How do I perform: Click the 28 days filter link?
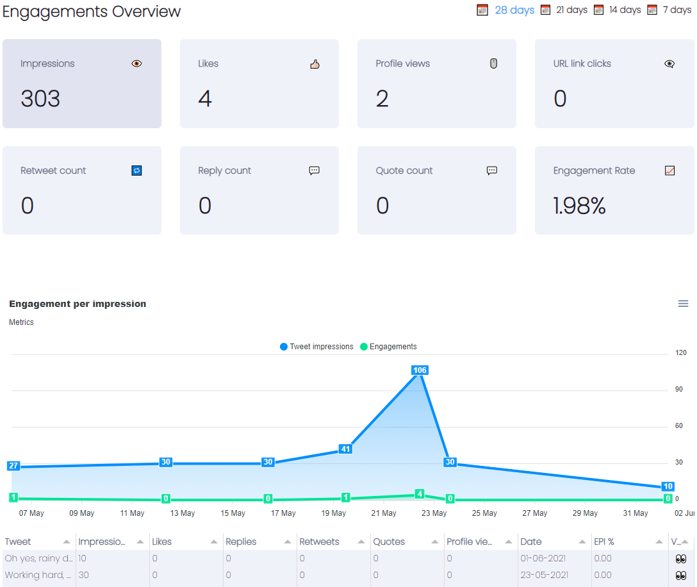point(514,10)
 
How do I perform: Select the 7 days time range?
point(676,10)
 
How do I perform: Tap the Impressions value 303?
point(40,99)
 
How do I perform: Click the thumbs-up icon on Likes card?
point(315,64)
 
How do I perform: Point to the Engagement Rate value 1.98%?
point(580,206)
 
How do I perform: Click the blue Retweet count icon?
point(136,170)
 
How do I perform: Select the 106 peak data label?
point(420,370)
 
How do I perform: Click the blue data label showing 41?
point(346,449)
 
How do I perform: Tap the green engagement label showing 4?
point(420,494)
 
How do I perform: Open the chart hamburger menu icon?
point(683,304)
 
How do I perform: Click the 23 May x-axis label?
point(434,513)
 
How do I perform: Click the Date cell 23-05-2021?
point(544,575)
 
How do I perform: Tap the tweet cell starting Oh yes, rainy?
point(38,558)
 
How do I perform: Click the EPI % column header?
point(604,542)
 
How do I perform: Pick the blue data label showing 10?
point(668,486)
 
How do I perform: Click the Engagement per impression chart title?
point(78,304)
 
